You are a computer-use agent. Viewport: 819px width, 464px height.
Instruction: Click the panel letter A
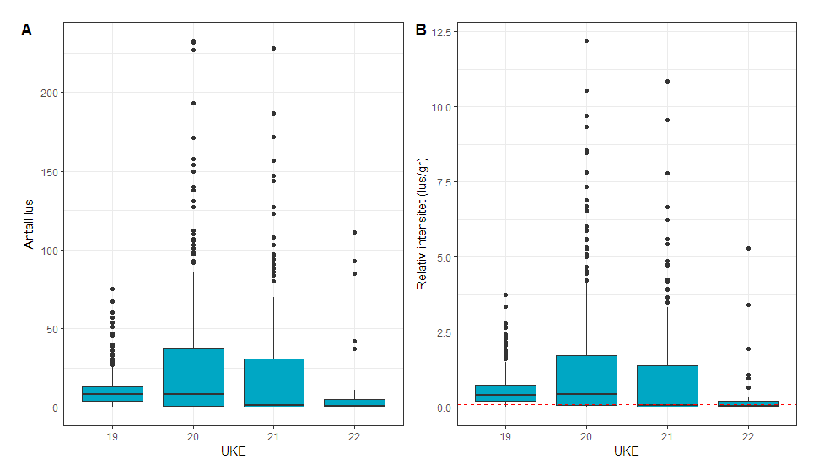(26, 30)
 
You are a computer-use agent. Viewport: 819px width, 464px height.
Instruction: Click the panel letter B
(421, 30)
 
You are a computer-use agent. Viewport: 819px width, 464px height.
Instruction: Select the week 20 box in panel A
(193, 377)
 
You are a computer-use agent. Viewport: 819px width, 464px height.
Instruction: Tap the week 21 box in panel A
(273, 383)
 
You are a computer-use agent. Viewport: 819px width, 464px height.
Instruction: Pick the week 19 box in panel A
(112, 394)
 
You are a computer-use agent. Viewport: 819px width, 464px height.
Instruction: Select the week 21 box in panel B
(667, 386)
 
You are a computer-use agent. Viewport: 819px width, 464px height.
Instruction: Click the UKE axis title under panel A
(233, 451)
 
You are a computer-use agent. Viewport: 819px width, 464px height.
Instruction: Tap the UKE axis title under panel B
(627, 451)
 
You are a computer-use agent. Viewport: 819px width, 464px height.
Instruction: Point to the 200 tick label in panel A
(49, 93)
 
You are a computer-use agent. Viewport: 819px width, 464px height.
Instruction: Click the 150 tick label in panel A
(49, 172)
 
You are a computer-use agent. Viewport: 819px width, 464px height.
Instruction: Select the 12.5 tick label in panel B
(442, 32)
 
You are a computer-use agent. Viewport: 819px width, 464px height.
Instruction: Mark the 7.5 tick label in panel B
(445, 182)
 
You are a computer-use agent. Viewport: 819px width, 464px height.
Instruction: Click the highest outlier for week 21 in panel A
(273, 48)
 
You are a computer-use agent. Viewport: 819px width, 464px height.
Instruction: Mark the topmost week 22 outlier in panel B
(747, 248)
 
